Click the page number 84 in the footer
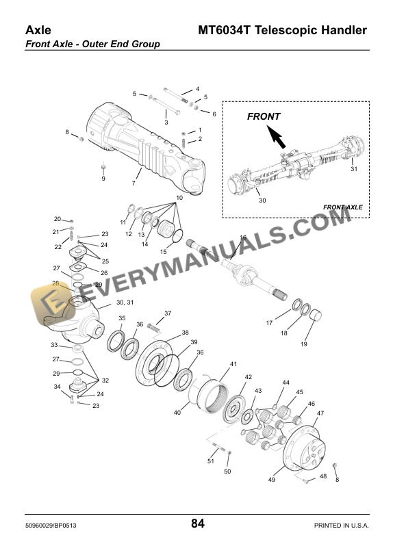198,524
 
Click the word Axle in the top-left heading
39,30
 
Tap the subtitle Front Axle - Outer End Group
92,44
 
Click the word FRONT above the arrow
264,116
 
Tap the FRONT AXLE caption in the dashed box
342,207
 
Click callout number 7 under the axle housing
134,184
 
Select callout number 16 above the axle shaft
243,237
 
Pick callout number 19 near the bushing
304,344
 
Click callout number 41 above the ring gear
233,363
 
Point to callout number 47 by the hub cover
320,413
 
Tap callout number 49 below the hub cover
271,480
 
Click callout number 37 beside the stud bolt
168,313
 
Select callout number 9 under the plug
103,179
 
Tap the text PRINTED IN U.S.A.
341,525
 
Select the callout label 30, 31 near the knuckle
125,302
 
